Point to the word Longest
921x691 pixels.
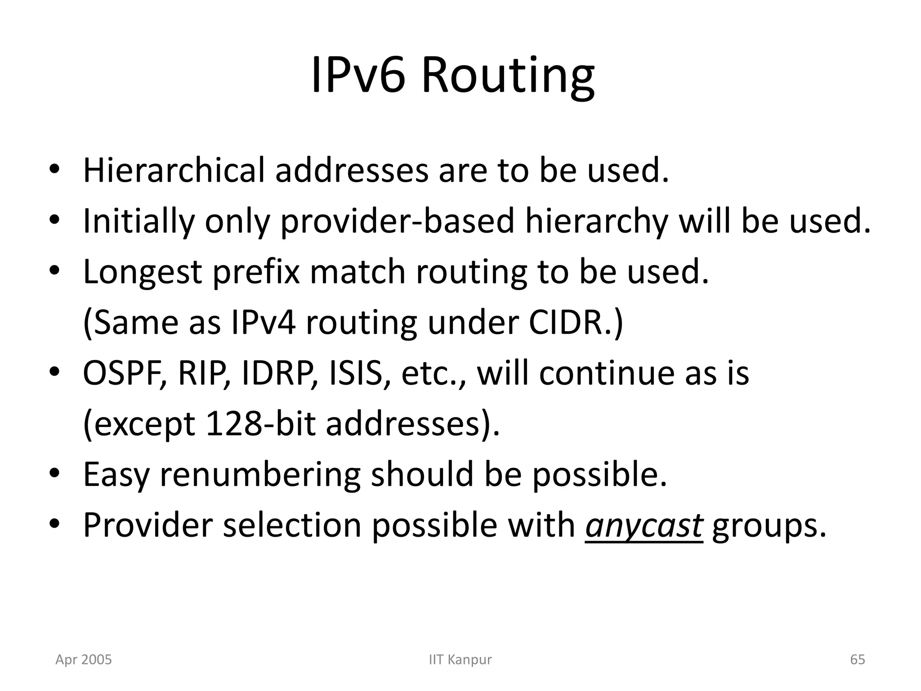click(x=143, y=273)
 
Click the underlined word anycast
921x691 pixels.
click(x=644, y=526)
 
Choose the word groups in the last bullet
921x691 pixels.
click(x=769, y=526)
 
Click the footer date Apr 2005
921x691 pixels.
click(x=83, y=660)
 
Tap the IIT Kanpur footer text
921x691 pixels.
click(x=460, y=660)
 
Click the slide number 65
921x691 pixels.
click(x=858, y=660)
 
